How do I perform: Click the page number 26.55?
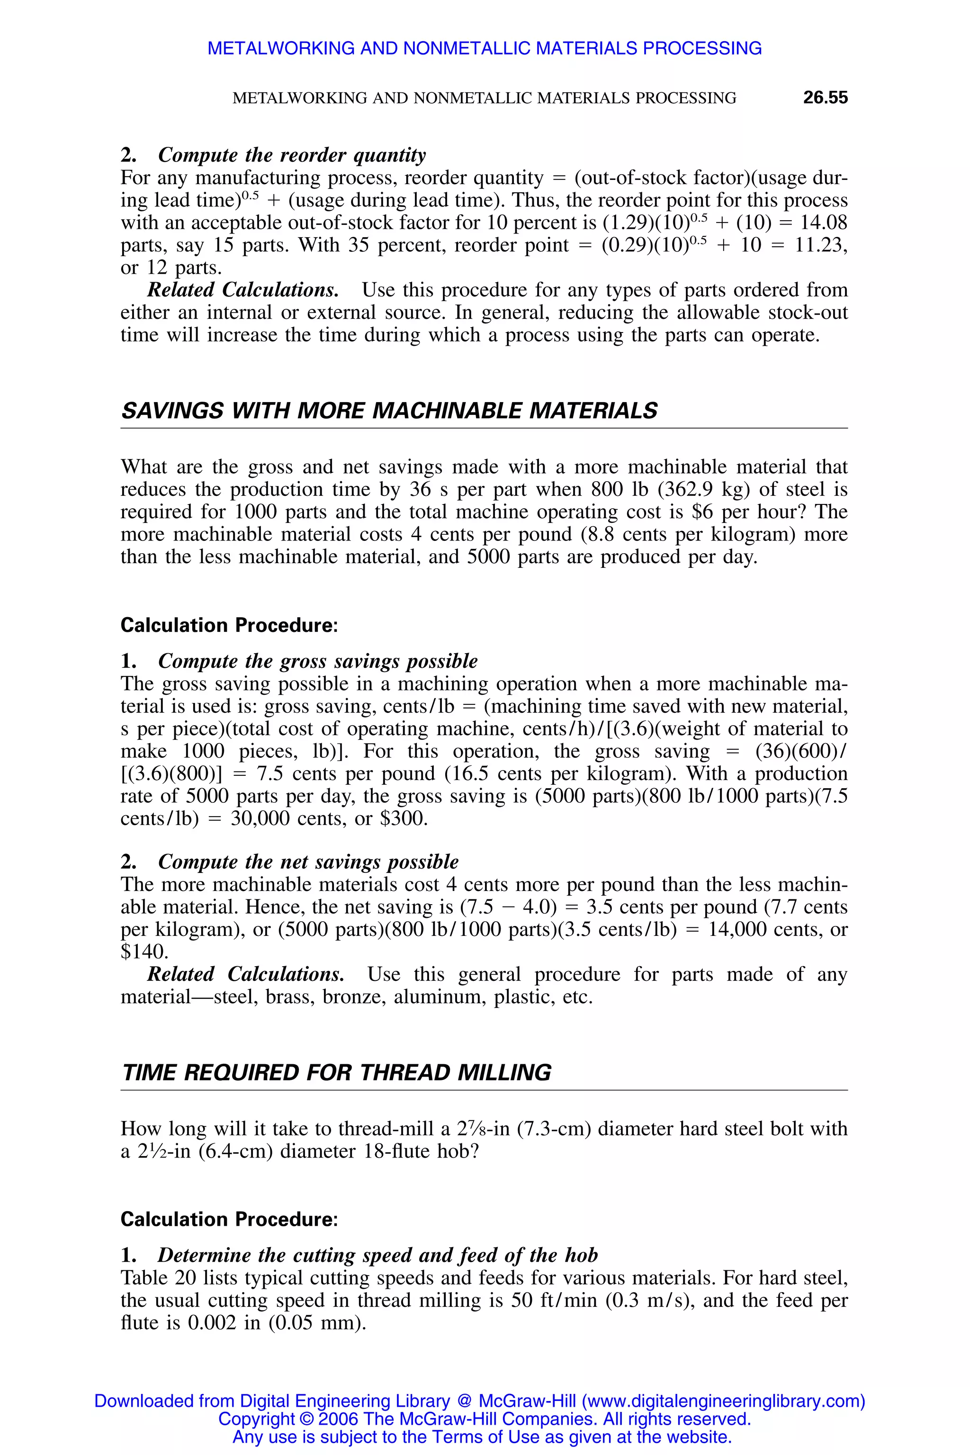click(x=825, y=98)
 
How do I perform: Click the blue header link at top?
click(x=485, y=48)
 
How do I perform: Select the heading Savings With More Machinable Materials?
click(x=389, y=411)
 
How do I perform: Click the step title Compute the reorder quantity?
click(x=291, y=155)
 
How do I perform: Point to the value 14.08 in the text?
click(x=823, y=223)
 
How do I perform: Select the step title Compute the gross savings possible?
click(x=317, y=661)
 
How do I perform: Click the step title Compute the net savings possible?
click(x=308, y=862)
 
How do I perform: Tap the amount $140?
click(x=144, y=952)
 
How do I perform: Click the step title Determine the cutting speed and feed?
click(x=377, y=1255)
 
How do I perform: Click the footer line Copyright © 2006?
click(x=485, y=1419)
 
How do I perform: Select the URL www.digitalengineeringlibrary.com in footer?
click(x=723, y=1401)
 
